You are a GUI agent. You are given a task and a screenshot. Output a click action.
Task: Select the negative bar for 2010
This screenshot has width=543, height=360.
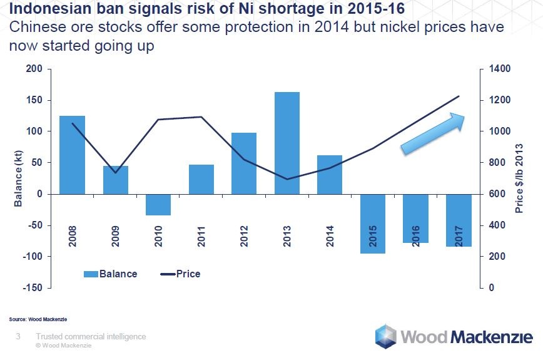(x=158, y=205)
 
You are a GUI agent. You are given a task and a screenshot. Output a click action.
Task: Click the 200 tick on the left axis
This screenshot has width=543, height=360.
(x=34, y=69)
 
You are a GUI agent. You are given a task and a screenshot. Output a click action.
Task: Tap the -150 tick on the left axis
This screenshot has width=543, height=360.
(x=33, y=288)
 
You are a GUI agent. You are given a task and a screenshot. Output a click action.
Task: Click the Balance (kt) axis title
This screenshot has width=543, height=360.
(x=18, y=178)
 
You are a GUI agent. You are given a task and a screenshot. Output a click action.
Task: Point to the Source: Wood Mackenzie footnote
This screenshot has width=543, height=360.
(x=38, y=319)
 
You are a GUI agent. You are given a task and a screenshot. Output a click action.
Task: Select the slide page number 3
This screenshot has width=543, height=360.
(x=18, y=337)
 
